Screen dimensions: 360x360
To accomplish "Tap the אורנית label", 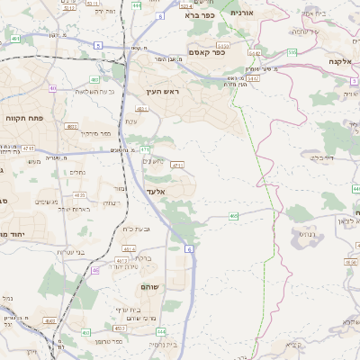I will (243, 13).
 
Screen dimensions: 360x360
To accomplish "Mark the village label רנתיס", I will (307, 234).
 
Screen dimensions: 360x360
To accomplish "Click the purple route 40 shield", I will (53, 88).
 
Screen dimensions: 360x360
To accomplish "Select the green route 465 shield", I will (233, 216).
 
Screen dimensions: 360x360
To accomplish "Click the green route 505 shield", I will (292, 52).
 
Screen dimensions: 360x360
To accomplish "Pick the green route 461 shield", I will (16, 40).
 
